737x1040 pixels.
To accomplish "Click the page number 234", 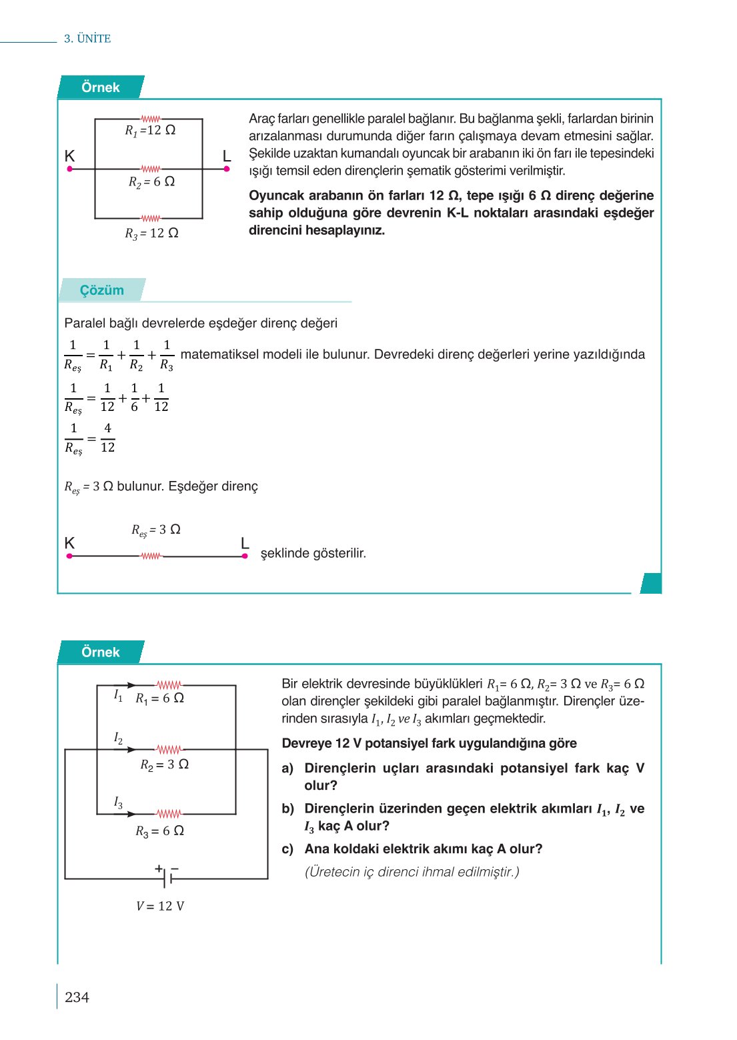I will pos(77,997).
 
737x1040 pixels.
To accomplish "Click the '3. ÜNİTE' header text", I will pos(87,39).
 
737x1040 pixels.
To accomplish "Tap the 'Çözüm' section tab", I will pos(102,290).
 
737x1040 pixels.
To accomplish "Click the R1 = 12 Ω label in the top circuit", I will pos(150,130).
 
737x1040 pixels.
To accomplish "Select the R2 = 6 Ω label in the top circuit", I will pos(151,181).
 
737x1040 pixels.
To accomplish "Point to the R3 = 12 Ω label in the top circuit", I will pos(151,233).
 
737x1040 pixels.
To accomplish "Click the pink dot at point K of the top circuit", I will pos(69,169).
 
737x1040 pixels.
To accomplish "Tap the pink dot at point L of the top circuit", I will pos(227,169).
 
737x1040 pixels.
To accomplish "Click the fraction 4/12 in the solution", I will pos(107,438).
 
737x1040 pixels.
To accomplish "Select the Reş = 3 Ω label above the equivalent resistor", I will pos(156,530).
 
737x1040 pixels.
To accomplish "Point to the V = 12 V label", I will pos(160,906).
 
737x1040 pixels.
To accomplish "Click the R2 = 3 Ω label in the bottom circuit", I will pos(164,764).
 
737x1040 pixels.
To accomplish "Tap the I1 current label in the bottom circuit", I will pos(118,695).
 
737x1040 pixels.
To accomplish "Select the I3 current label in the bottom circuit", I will pos(118,802).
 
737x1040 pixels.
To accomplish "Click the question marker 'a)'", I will pos(287,768).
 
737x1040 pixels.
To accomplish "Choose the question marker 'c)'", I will pos(287,849).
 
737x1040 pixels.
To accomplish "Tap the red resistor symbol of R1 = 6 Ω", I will pos(169,685).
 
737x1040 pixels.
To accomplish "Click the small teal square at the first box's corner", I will pos(651,583).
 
